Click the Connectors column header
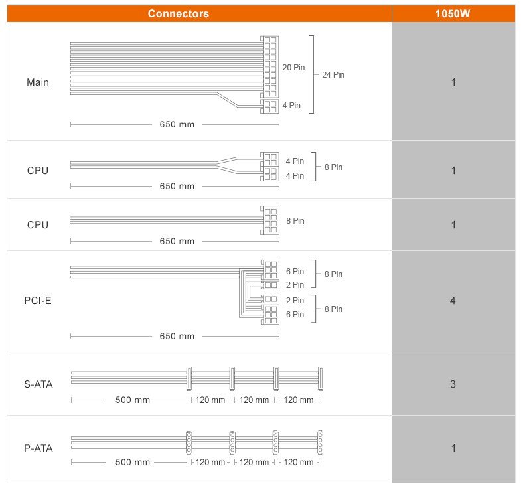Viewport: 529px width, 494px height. (178, 13)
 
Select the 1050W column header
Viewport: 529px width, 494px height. (453, 13)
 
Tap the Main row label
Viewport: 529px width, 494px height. (38, 82)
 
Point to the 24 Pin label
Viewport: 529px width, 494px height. (333, 75)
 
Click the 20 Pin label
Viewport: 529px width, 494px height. (293, 68)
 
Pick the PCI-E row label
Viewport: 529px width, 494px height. (38, 301)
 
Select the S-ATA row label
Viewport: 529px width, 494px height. (38, 384)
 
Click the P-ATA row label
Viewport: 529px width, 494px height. (38, 448)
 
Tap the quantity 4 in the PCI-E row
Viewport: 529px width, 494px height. (453, 301)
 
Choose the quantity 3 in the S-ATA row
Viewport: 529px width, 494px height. (453, 384)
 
